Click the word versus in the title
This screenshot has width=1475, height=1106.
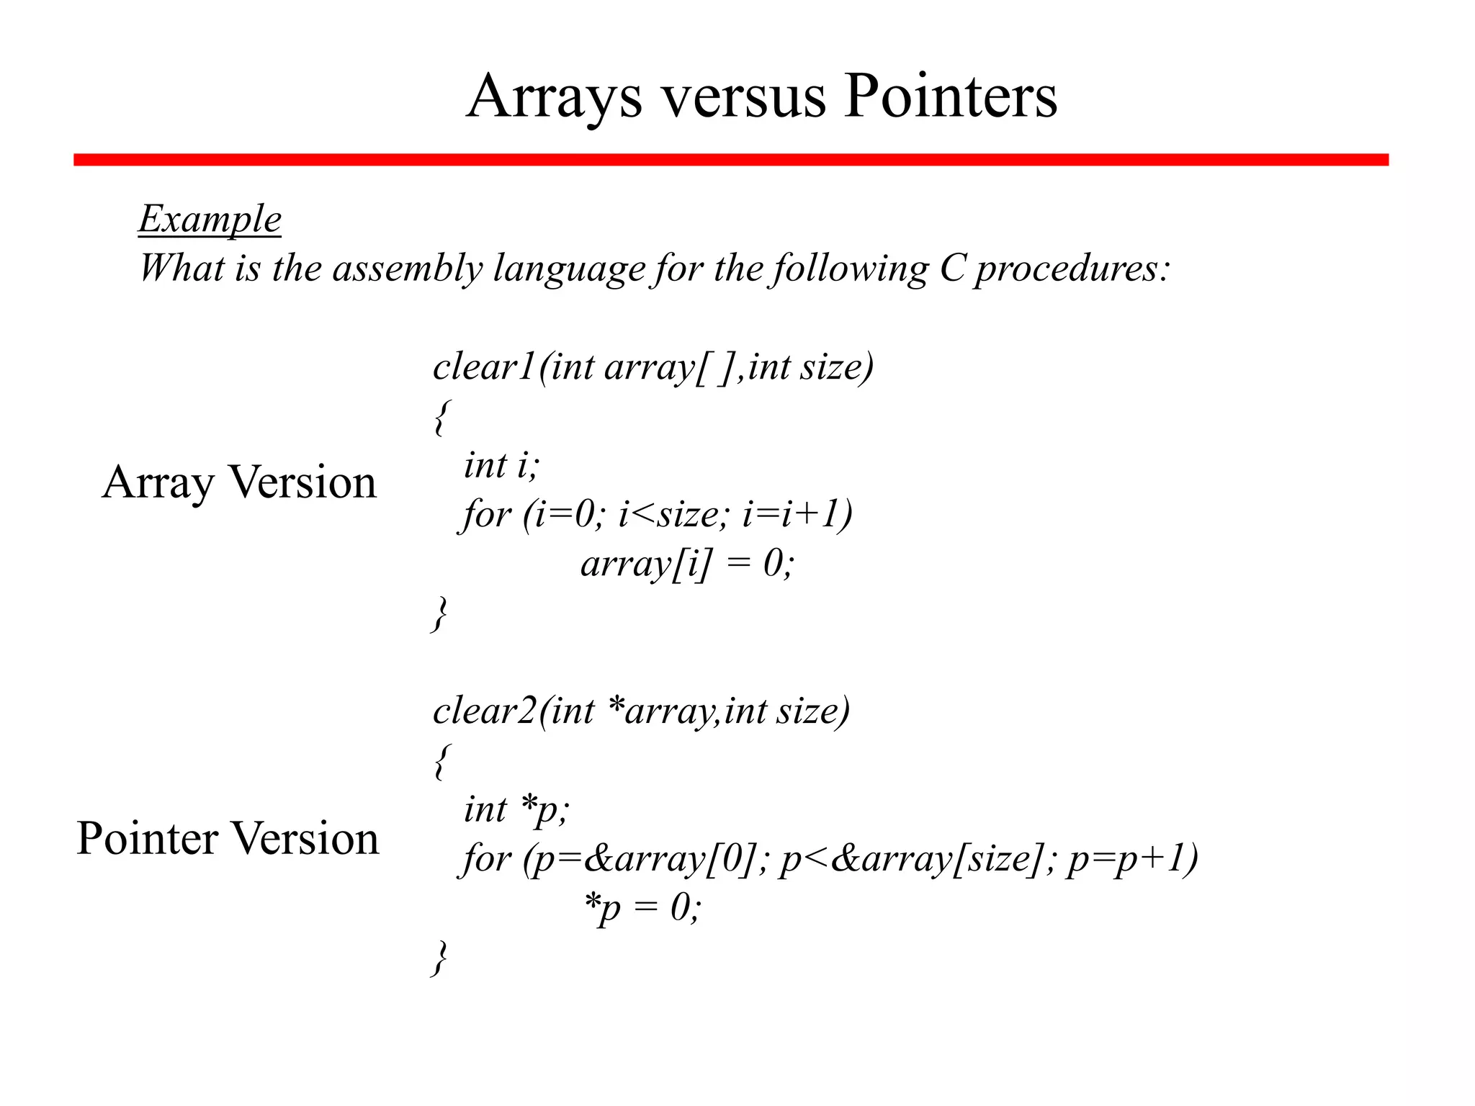coord(743,98)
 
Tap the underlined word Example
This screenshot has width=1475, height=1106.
coord(210,219)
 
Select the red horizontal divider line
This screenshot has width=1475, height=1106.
coord(730,160)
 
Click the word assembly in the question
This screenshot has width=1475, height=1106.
coord(407,269)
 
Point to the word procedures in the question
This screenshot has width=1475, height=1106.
coord(1072,269)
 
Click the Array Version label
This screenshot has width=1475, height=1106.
coord(239,482)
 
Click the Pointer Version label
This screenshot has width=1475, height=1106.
coord(228,839)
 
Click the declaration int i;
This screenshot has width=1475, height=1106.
coord(501,465)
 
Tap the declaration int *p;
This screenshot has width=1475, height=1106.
coord(516,809)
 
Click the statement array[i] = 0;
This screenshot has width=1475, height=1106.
coord(687,563)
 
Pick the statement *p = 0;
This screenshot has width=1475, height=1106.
coord(642,907)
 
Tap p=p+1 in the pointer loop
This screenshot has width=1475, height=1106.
coord(1132,858)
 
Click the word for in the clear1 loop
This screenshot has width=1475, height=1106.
coord(487,514)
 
